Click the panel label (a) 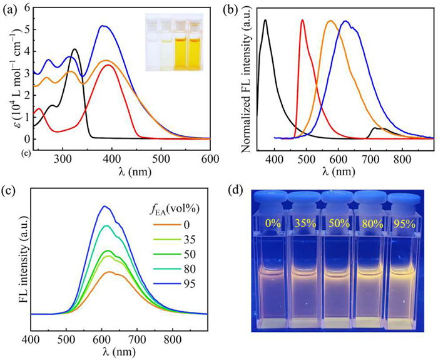pos(13,9)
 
